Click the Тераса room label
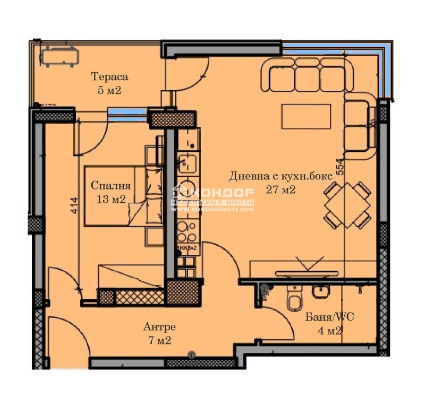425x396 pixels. point(109,77)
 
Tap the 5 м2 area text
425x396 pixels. point(109,90)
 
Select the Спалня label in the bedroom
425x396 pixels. point(110,186)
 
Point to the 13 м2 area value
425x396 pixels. point(110,200)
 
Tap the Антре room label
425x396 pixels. point(159,326)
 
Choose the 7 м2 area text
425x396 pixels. point(159,340)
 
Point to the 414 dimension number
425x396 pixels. point(74,206)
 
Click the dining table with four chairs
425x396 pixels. point(347,205)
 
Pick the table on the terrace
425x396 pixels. point(59,56)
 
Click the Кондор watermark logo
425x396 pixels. point(212,199)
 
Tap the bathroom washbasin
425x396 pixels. point(321,291)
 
